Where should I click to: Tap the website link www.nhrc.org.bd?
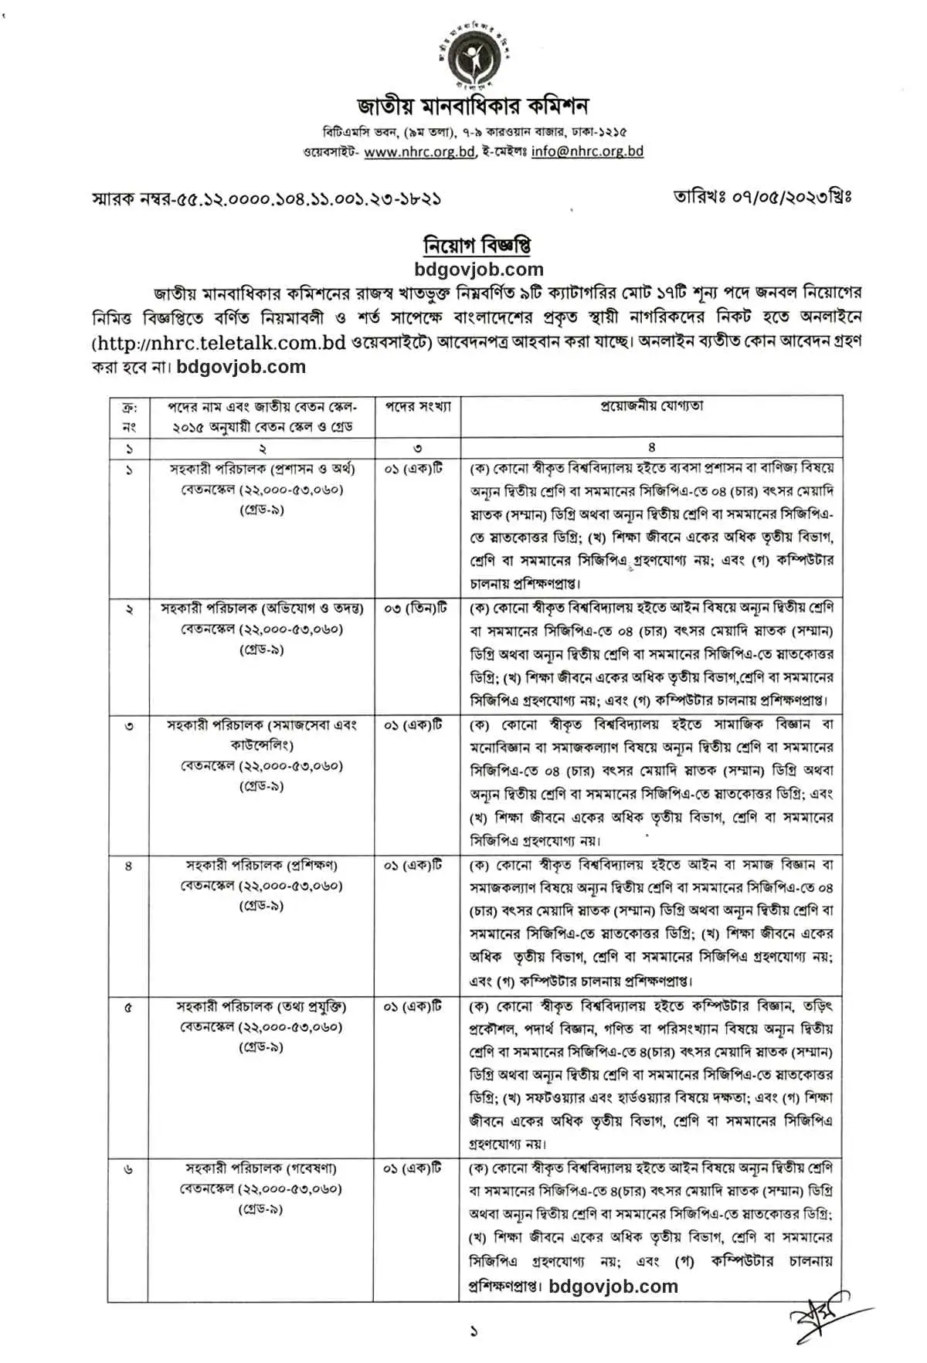coord(419,152)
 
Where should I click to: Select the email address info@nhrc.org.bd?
coord(587,152)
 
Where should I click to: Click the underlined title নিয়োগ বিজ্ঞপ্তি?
coord(477,246)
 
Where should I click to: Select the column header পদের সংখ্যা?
coord(418,406)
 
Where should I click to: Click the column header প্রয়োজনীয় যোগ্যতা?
coord(651,405)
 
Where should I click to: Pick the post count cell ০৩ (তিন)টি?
coord(415,609)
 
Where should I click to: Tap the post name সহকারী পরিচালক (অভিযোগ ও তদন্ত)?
coord(262,609)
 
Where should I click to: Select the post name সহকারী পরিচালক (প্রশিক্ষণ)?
coord(262,865)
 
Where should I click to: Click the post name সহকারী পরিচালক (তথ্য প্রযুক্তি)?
coord(262,1006)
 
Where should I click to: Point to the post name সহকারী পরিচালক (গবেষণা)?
coord(262,1168)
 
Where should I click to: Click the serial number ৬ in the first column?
coord(128,1169)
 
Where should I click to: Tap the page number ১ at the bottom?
coord(474,1331)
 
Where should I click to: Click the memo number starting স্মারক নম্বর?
coord(267,198)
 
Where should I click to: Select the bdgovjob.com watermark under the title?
coord(479,270)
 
